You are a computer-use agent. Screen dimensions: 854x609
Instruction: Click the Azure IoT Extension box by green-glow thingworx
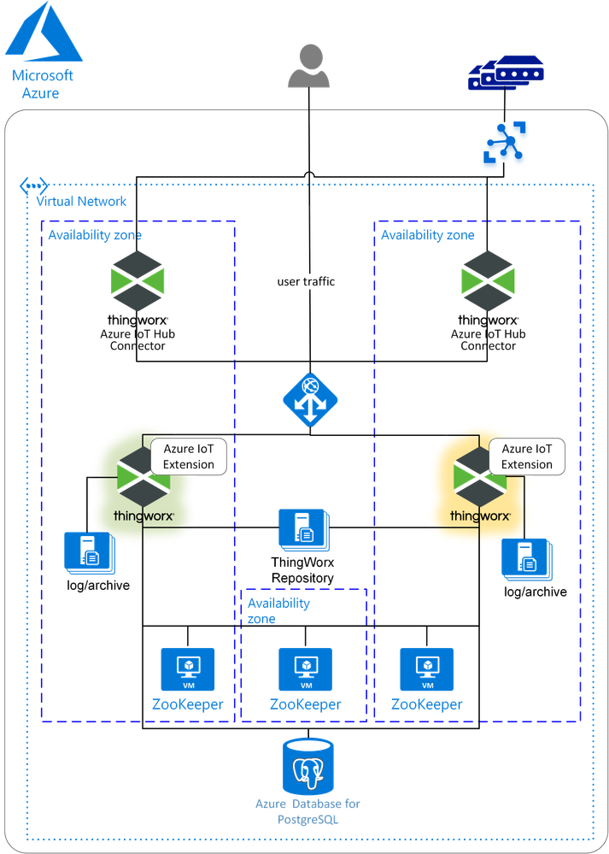pyautogui.click(x=190, y=456)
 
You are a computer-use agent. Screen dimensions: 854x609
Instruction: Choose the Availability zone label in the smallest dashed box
pyautogui.click(x=278, y=610)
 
